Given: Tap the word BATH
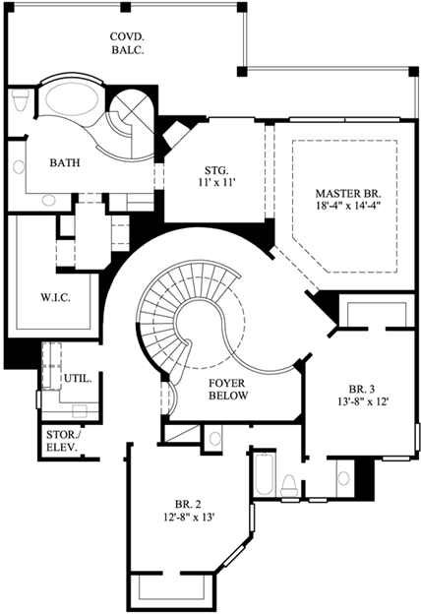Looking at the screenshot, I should [x=64, y=163].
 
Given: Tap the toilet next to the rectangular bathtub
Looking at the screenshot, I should [x=289, y=483].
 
